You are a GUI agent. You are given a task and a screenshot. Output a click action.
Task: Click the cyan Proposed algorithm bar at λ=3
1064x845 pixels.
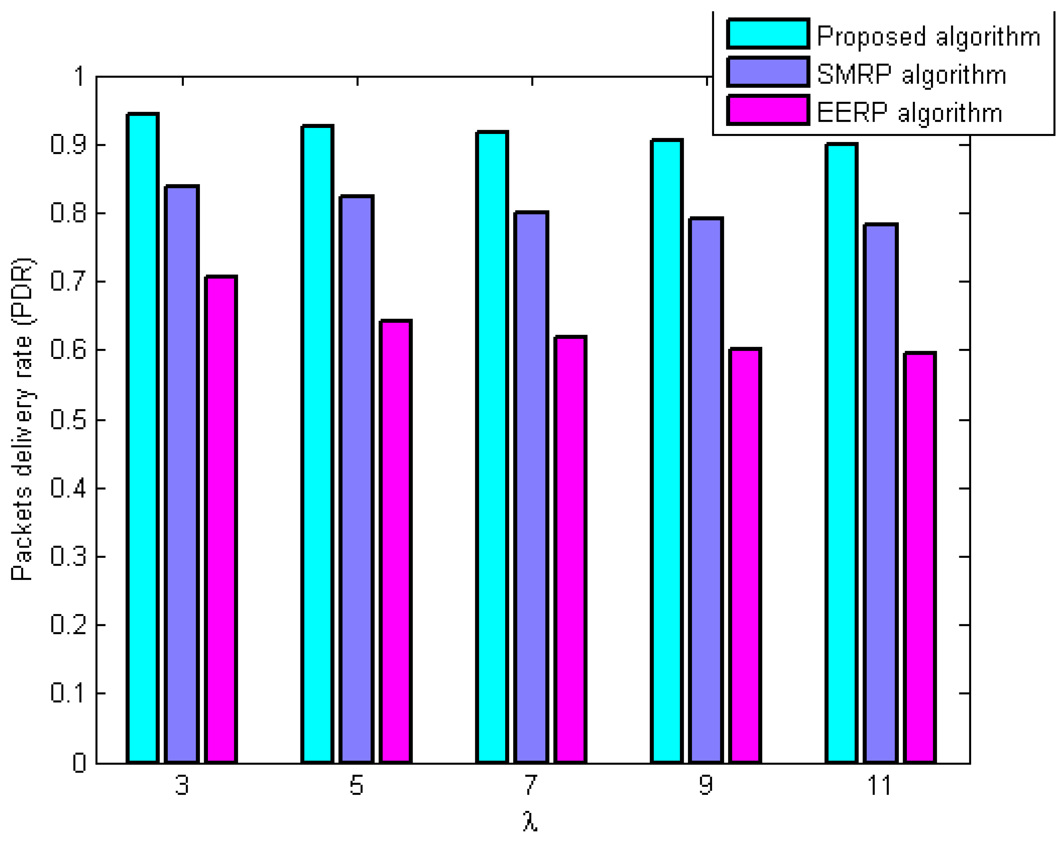143,439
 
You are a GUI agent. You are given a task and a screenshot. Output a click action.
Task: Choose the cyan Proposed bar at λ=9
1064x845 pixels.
667,451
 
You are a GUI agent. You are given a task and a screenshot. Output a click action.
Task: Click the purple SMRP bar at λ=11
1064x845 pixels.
881,493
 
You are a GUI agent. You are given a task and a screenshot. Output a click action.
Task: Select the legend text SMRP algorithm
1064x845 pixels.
911,75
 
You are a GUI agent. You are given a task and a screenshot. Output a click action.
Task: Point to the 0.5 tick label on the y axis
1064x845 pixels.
68,420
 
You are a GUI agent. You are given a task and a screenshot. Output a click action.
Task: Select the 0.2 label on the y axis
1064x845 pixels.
68,625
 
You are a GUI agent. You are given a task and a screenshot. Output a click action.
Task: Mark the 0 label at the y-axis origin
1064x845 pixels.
79,763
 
